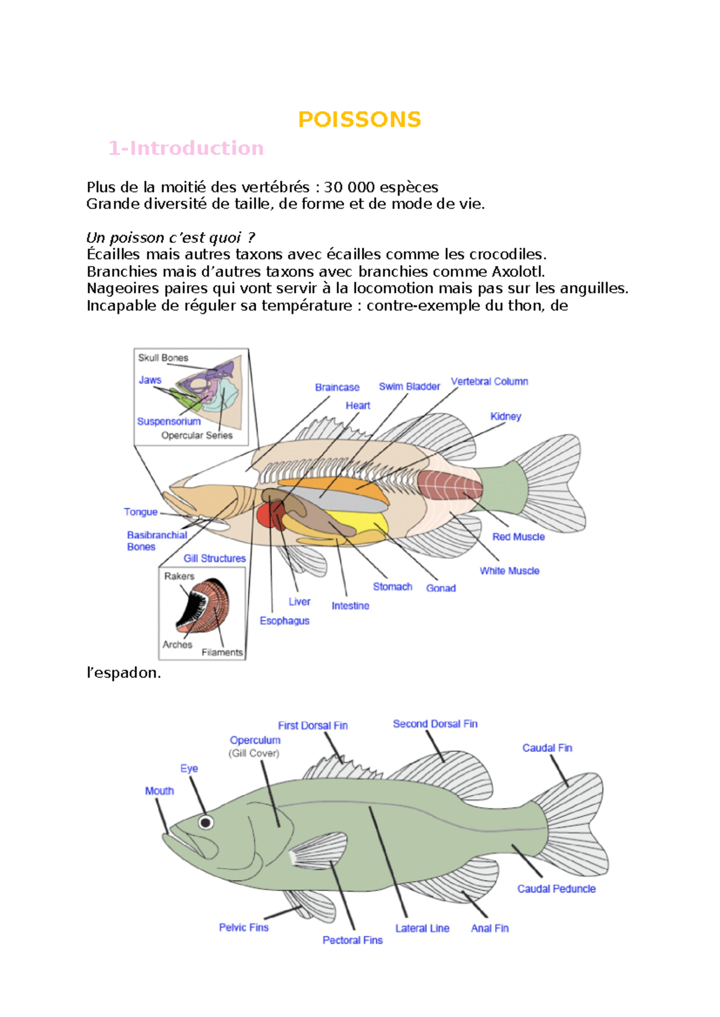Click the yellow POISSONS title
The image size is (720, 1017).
tap(359, 119)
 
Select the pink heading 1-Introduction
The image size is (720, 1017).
tap(186, 148)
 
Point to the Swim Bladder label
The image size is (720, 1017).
tap(409, 387)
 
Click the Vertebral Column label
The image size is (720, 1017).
tap(489, 381)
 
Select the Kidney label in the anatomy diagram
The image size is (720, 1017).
tap(505, 416)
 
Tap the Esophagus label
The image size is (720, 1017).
tap(284, 621)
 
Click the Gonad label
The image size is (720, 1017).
tap(440, 588)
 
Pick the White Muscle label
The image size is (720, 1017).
tap(509, 571)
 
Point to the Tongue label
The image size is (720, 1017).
tap(140, 512)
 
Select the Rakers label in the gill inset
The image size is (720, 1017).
tap(179, 576)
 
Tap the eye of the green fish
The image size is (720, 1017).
tap(206, 822)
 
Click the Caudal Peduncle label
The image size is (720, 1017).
tap(556, 889)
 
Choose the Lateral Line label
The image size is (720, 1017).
tap(422, 928)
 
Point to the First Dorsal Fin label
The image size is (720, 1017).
tap(313, 726)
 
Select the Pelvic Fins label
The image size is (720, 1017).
tap(244, 928)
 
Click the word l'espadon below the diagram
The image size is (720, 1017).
tap(124, 673)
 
